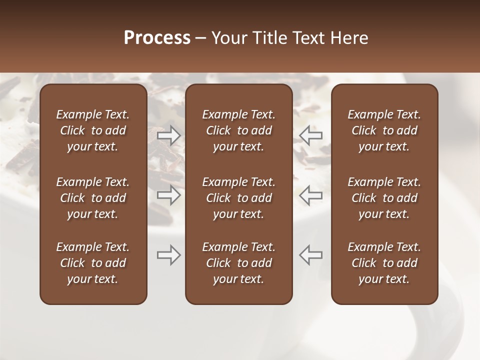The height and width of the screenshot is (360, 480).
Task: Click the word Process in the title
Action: (157, 38)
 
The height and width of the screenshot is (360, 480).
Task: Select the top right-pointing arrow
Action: (168, 134)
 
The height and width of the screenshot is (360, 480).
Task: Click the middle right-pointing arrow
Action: (168, 195)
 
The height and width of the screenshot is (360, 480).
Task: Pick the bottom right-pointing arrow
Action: (168, 255)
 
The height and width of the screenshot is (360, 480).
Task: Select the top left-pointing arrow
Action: (311, 134)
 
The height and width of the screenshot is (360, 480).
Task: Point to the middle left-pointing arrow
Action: (311, 195)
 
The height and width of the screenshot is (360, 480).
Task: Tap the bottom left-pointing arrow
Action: (311, 255)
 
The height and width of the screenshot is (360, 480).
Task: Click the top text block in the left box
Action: (93, 130)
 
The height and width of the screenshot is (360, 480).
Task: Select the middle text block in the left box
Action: (93, 198)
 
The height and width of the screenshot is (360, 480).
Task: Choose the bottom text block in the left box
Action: (93, 263)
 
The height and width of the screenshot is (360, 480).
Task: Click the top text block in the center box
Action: (239, 130)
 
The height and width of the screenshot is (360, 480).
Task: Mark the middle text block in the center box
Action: (239, 198)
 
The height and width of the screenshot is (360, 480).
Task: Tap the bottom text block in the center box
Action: (239, 263)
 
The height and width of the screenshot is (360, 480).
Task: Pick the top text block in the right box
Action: (384, 130)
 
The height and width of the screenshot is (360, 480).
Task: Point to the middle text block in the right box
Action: (384, 198)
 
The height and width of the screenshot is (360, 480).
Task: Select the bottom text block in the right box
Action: (384, 263)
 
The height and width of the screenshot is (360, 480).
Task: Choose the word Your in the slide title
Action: (229, 38)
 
